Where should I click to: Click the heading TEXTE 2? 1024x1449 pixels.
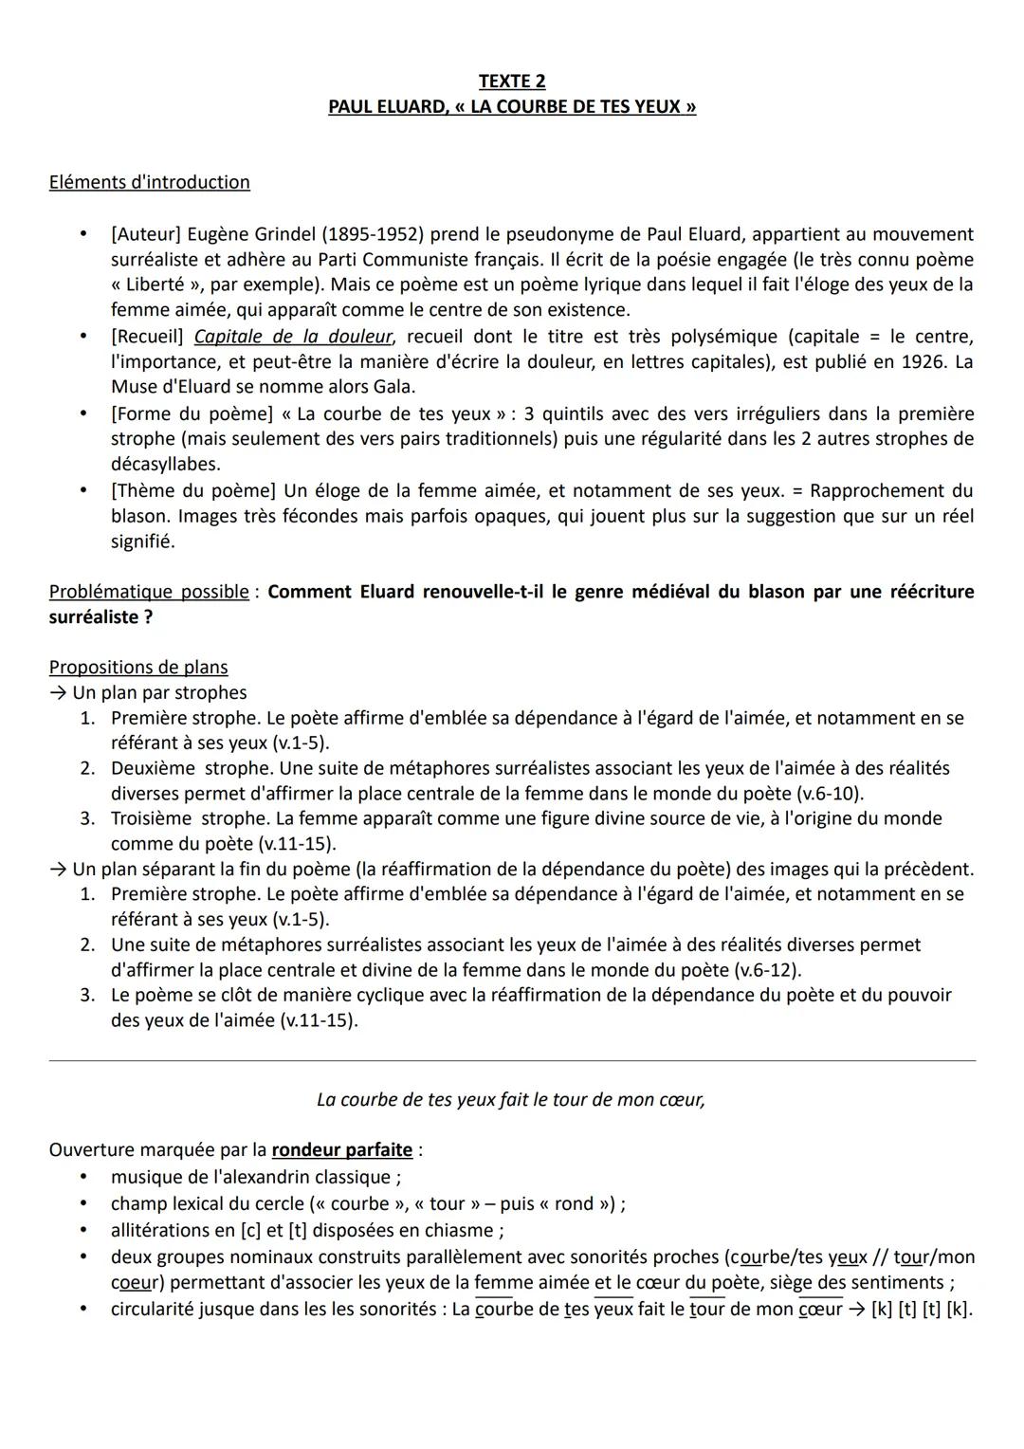coord(512,82)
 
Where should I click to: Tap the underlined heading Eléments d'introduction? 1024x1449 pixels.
coord(149,182)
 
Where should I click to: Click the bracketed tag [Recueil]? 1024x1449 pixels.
coord(147,337)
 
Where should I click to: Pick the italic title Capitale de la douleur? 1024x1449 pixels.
coord(292,337)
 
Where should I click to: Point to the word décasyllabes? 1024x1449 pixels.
coord(165,465)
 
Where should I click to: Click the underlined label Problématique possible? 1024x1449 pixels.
coord(148,592)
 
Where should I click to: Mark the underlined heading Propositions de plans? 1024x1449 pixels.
coord(138,668)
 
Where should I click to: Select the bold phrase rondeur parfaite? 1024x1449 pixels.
coord(342,1150)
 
